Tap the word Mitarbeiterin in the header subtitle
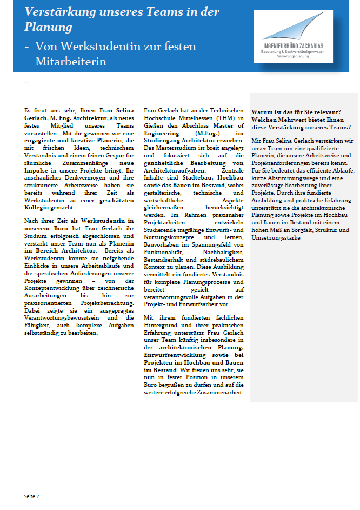[x=71, y=62]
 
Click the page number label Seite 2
[x=31, y=496]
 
